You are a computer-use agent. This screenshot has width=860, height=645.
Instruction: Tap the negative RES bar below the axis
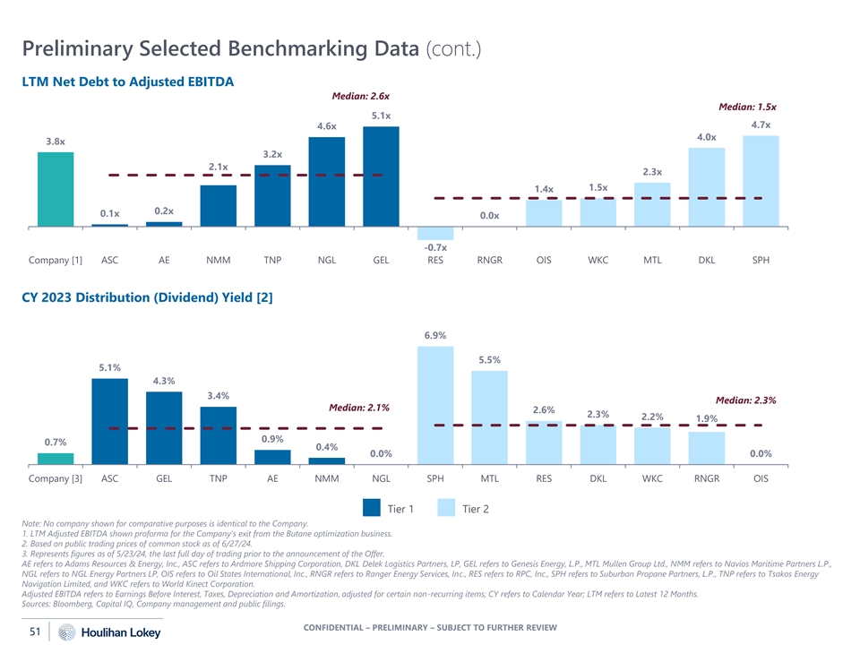pos(435,233)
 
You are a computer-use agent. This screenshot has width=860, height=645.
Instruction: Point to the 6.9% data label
pos(435,335)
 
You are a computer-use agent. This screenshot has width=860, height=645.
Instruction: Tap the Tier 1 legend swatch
pos(372,509)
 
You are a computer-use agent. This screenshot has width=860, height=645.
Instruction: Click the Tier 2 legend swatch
pos(446,509)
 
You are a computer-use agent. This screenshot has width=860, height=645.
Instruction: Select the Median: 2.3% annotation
pos(745,400)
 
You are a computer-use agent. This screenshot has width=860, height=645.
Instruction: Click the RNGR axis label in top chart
pos(489,261)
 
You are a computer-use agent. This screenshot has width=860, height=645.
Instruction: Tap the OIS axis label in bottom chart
pos(761,478)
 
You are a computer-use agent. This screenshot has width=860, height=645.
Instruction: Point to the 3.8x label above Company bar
pos(56,142)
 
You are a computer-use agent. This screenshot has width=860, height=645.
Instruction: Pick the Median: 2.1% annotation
pos(359,408)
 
